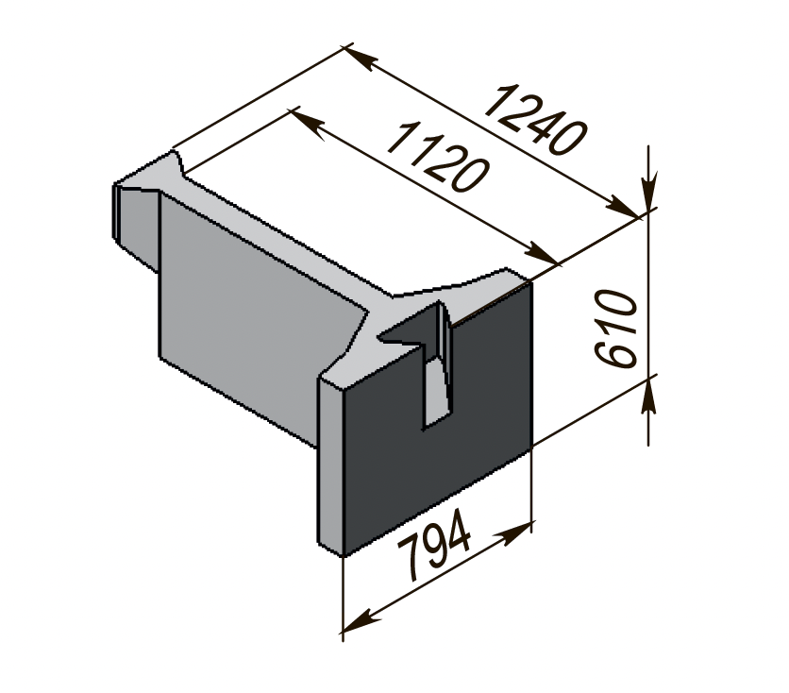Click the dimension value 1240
[x=535, y=120]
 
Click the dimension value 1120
[x=438, y=157]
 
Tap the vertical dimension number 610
[x=615, y=329]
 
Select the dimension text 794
[x=434, y=545]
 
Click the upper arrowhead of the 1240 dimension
[x=361, y=58]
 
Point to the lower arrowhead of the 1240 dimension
[x=622, y=207]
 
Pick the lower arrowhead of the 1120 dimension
[x=541, y=253]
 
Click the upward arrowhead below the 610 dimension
[x=648, y=397]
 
